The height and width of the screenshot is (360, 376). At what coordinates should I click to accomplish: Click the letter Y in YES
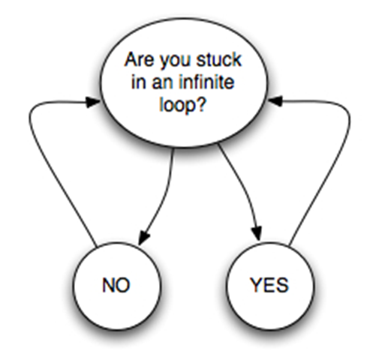[x=254, y=285]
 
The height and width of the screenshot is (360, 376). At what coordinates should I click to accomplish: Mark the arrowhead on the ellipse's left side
[x=93, y=102]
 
